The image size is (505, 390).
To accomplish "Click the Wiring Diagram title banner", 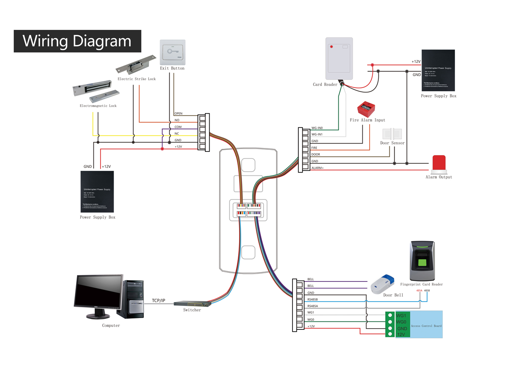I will [x=77, y=41].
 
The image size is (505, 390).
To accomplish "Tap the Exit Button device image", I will [x=173, y=52].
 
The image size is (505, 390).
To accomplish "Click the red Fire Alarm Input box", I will [x=366, y=109].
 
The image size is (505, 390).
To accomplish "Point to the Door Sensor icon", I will [x=392, y=134].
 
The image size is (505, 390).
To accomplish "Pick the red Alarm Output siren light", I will [x=439, y=164].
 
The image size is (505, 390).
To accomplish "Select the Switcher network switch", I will [x=192, y=304].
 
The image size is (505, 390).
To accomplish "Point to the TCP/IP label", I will [x=159, y=301].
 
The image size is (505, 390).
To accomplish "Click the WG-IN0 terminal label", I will [x=317, y=128].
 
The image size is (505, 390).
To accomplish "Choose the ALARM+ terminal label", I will [x=317, y=168].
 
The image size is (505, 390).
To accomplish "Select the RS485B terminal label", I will [x=313, y=299].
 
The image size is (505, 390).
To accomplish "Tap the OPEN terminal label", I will [x=178, y=114].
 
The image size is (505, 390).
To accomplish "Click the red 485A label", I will [x=419, y=291].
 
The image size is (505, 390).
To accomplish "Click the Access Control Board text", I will [x=426, y=326].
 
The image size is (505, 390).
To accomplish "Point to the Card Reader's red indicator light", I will [x=332, y=46].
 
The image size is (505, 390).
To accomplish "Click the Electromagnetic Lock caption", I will [x=98, y=106].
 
